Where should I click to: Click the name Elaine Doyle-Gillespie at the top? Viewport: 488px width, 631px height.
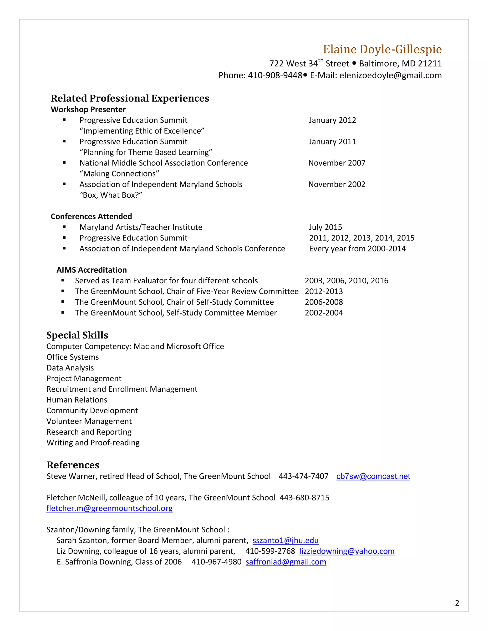click(382, 49)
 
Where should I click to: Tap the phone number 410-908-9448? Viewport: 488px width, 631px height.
click(275, 75)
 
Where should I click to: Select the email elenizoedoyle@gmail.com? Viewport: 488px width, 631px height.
click(390, 75)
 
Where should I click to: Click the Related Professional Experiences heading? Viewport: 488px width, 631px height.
click(130, 98)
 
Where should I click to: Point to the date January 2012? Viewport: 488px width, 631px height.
click(332, 120)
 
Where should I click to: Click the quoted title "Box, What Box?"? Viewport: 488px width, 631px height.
click(111, 195)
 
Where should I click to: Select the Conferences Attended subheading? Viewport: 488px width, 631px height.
click(91, 216)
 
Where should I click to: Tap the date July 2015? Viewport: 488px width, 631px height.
click(325, 227)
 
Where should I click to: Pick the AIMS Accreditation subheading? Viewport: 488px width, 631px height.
click(92, 270)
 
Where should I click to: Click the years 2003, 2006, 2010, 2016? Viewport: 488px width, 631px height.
click(346, 280)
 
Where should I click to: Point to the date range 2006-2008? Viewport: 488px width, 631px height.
click(324, 302)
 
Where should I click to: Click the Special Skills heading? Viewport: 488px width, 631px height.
click(77, 335)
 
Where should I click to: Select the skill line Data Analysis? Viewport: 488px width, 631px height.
click(70, 368)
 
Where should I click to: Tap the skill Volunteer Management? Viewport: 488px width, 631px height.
click(89, 421)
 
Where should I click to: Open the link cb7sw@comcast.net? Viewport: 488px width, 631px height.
click(373, 476)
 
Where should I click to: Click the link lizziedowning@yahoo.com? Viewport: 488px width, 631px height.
click(347, 551)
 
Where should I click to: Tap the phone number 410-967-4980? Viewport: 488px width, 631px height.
click(216, 562)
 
